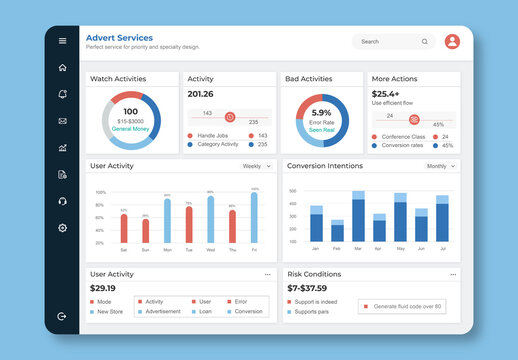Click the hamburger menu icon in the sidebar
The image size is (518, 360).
62,41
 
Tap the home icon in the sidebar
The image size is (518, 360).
62,68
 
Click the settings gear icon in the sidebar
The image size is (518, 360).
62,228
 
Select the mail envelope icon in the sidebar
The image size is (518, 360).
62,121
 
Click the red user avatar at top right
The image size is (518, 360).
452,41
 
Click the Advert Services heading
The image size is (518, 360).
119,37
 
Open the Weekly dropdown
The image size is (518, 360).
257,166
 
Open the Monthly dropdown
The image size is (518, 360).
441,166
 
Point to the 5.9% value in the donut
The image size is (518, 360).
321,113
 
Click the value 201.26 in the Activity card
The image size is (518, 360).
201,94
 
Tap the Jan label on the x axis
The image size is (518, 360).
316,248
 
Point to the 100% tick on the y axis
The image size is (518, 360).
100,191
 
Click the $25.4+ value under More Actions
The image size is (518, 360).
386,93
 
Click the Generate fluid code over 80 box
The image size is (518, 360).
402,306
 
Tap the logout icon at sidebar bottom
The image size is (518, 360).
62,316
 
